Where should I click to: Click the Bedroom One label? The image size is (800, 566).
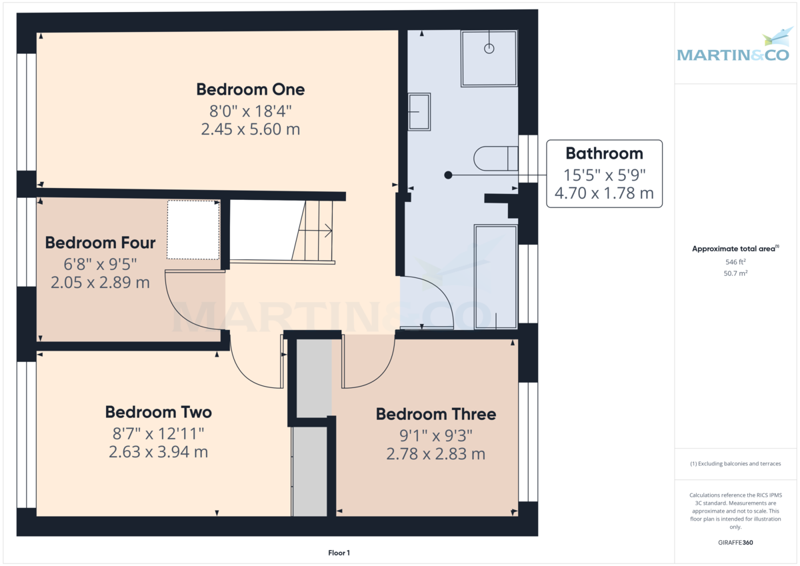(250, 89)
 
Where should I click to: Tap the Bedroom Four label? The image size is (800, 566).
(100, 243)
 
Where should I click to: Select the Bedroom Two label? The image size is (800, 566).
(158, 412)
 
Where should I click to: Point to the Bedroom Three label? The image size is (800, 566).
(435, 414)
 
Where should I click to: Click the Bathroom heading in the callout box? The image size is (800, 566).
(604, 153)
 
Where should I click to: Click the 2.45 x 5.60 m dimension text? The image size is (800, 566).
(250, 129)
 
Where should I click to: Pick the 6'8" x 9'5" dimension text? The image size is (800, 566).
(100, 263)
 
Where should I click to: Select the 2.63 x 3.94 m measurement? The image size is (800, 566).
(158, 452)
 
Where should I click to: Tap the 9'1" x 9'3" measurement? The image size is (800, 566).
(435, 435)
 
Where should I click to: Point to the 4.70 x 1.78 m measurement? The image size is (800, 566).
(604, 194)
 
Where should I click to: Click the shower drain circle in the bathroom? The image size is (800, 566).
(489, 49)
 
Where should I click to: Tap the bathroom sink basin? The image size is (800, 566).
(419, 111)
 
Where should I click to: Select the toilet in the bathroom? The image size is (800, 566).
(495, 159)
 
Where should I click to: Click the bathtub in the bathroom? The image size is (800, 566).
(495, 277)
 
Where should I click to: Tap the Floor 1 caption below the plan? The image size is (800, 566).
(339, 553)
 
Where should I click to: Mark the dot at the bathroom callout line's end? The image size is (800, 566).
(448, 175)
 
